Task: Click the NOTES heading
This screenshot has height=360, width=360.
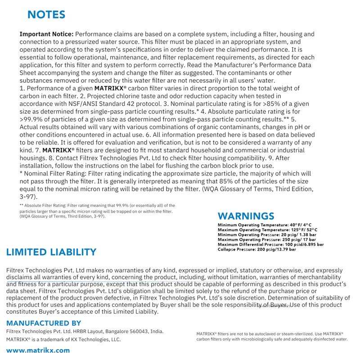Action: (46, 14)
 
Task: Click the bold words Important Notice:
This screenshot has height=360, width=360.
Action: (46, 34)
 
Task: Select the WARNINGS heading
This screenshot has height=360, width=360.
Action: (246, 216)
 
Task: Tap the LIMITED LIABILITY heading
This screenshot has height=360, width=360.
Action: (51, 252)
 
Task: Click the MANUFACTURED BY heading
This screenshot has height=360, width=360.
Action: (44, 323)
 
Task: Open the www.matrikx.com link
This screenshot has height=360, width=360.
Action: (38, 350)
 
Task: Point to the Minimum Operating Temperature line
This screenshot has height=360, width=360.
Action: (265, 225)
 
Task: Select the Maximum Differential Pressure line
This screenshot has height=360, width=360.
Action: (270, 244)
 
